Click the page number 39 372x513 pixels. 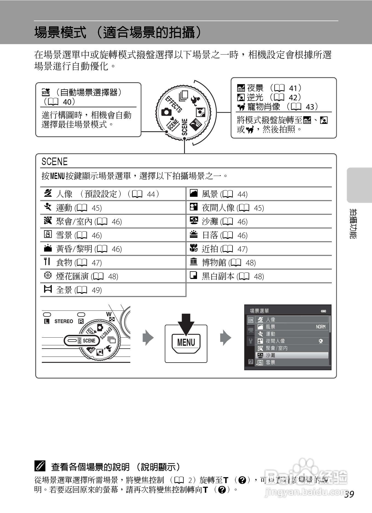click(349, 494)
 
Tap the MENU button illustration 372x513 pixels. click(186, 342)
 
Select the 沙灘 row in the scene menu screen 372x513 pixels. click(292, 355)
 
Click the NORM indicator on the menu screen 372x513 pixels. click(321, 327)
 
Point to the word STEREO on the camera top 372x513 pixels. click(64, 321)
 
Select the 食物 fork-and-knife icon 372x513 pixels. click(47, 262)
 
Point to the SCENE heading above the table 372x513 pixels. click(54, 162)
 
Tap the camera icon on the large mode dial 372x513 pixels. click(166, 112)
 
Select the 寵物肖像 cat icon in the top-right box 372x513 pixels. click(241, 107)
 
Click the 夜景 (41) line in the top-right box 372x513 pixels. click(269, 88)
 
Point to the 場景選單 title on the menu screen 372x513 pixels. click(259, 311)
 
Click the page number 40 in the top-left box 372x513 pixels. click(67, 102)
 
